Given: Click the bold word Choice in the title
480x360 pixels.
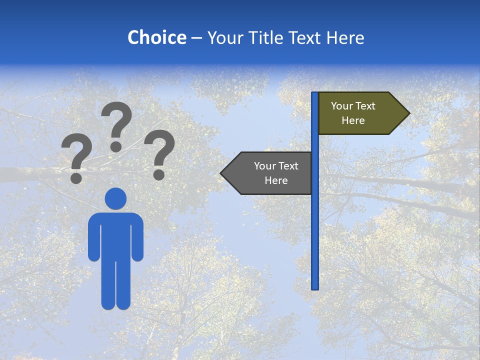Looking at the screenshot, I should [x=156, y=37].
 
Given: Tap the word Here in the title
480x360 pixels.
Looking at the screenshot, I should [x=345, y=37].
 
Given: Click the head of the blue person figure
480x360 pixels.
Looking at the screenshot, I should [x=115, y=198].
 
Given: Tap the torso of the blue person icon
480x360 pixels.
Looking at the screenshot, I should [x=115, y=235].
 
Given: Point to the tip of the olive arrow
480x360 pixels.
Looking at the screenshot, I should [x=408, y=113].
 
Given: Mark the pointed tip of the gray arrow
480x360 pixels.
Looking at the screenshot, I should [x=222, y=173].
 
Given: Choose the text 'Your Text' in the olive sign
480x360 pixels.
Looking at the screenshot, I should [x=353, y=106].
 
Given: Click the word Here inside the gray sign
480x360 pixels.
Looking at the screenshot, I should [x=276, y=180].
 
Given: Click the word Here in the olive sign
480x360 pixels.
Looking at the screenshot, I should [x=353, y=120].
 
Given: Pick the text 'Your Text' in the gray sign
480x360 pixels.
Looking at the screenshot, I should [x=276, y=166].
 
